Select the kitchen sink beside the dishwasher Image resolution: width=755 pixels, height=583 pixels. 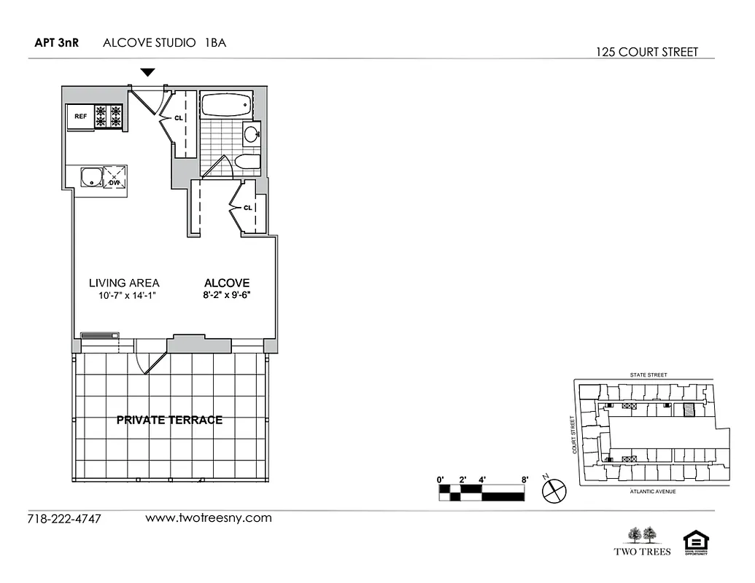(x=90, y=176)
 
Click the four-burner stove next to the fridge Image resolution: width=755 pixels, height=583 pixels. (x=108, y=117)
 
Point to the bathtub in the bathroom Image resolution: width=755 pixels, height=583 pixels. (x=225, y=106)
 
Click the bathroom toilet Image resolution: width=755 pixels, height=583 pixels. (x=247, y=162)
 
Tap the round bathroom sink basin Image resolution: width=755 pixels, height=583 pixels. (x=251, y=134)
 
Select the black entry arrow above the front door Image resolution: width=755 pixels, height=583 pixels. (x=148, y=72)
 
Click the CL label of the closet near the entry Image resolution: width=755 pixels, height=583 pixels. (x=178, y=117)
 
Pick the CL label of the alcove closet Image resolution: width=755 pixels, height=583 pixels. (x=247, y=207)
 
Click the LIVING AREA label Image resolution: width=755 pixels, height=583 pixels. (x=124, y=283)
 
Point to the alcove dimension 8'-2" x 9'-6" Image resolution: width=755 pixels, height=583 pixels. (x=227, y=295)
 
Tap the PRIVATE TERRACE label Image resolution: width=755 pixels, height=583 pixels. (x=169, y=420)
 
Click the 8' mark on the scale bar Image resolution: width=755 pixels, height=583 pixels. (x=524, y=480)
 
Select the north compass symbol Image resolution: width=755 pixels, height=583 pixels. (x=554, y=490)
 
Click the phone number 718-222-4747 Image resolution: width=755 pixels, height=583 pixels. (x=63, y=520)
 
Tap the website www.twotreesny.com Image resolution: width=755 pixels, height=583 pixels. (x=209, y=518)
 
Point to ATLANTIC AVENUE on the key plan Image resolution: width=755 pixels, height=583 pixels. (x=652, y=492)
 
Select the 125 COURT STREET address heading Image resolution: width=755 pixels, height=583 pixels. (x=646, y=52)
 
